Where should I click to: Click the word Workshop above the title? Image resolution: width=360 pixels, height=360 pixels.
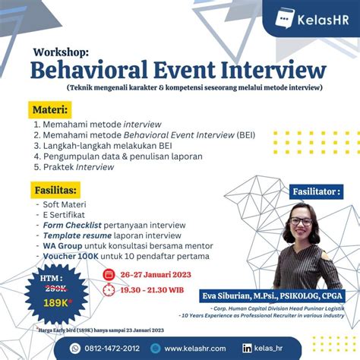61,52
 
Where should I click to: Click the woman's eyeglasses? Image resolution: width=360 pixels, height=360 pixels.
301,221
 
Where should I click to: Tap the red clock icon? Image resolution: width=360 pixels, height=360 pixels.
109,289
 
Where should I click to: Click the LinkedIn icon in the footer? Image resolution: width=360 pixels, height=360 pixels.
268,348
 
